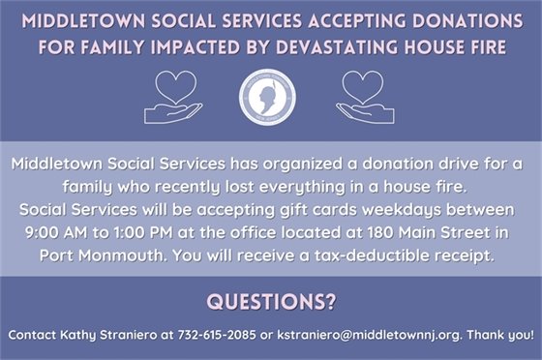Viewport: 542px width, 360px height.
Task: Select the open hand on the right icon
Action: tap(367, 112)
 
